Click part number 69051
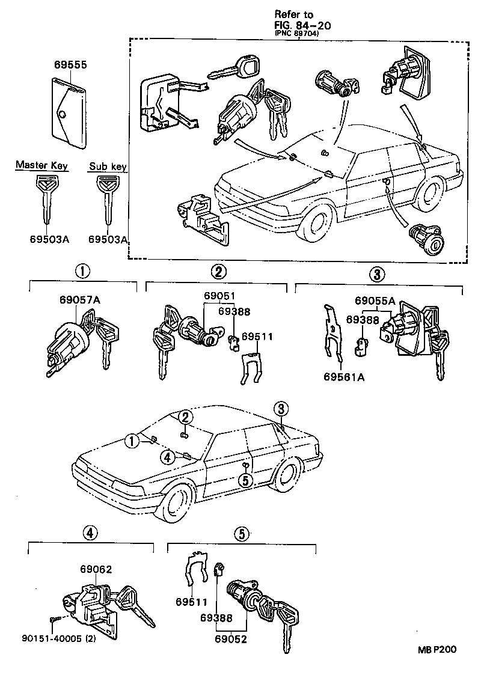[x=219, y=296]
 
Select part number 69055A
[x=375, y=301]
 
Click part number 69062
[x=96, y=569]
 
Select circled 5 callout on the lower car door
[x=244, y=480]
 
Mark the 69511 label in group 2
[x=257, y=337]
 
